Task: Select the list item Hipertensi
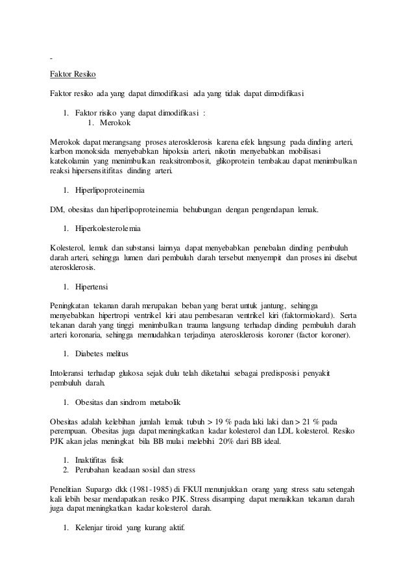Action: click(91, 286)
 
